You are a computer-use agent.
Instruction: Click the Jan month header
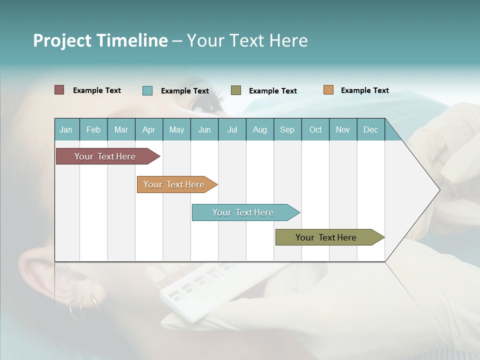[66, 129]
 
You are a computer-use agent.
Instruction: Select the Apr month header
[148, 129]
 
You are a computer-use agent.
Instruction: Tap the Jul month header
[232, 129]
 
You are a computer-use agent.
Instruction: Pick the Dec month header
[370, 129]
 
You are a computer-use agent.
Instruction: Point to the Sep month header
[287, 129]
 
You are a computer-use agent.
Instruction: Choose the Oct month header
[315, 129]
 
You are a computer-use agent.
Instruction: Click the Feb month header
[93, 129]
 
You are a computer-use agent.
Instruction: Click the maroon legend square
[59, 90]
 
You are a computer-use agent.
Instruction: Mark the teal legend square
[147, 90]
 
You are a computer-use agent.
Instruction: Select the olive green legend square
[236, 90]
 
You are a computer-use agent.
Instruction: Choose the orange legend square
[328, 90]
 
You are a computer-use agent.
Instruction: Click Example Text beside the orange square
[364, 90]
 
